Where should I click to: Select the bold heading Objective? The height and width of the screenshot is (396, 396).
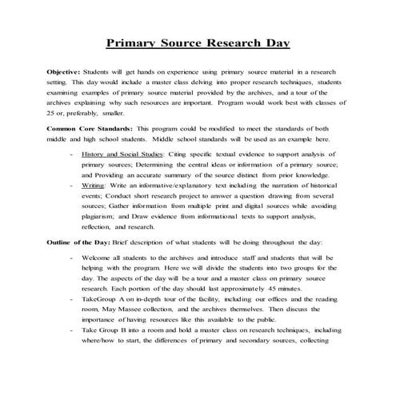(x=66, y=72)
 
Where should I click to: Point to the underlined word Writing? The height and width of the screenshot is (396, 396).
(x=95, y=183)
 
